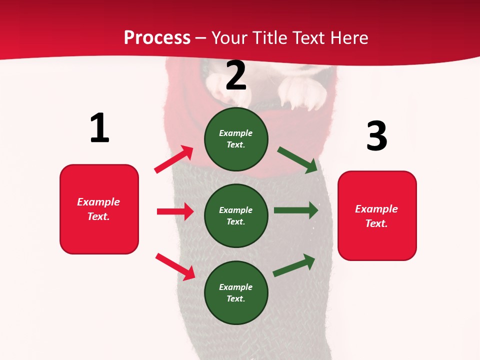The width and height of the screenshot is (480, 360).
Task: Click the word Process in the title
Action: point(157,37)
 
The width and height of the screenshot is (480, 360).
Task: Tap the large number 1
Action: point(99,128)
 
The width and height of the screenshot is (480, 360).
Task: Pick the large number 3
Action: point(376,136)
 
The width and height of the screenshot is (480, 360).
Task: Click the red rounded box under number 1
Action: point(99,209)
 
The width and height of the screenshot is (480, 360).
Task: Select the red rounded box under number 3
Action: point(377,215)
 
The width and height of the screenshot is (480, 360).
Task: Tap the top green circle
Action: point(236,139)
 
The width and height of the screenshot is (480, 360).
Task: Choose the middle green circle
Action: point(236,215)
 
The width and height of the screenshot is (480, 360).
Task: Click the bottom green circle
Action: point(236,292)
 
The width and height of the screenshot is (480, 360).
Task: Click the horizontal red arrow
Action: point(175,211)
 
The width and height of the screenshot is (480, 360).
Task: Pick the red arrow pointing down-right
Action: point(175,266)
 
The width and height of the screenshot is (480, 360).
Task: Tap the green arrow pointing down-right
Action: point(297,159)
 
